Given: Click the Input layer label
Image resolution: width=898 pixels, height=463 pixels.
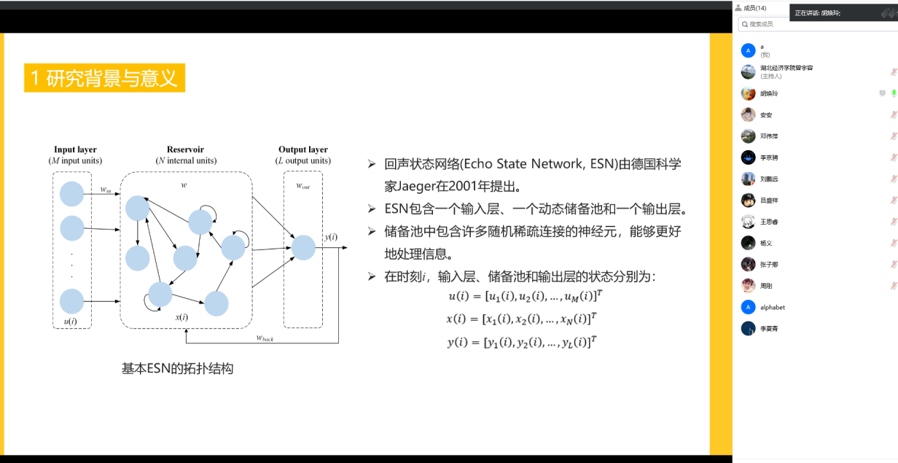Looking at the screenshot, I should pos(75,149).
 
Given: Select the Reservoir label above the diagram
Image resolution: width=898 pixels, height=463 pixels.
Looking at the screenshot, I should pos(186,149).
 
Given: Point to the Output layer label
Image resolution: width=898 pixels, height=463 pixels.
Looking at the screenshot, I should pos(303,149).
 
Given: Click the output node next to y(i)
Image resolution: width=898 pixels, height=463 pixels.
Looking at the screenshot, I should pos(303,248).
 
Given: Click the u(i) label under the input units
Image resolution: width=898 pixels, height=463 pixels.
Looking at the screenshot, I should pos(71,322).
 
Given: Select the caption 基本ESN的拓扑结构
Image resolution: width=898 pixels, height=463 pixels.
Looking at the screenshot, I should pos(177,368).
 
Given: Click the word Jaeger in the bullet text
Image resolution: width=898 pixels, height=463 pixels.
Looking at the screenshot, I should pos(418,186).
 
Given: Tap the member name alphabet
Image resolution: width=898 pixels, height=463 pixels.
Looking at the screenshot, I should pos(773,307).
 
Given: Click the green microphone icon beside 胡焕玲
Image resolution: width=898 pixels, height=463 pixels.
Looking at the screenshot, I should pos(894,93).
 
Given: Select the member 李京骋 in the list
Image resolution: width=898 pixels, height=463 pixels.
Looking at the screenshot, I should pos(769,157).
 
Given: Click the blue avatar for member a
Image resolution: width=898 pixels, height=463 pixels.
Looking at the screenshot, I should pos(748,50).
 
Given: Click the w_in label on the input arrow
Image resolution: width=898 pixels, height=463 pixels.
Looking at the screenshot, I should pos(106,190).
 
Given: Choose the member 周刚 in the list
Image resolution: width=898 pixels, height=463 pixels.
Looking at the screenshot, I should pos(766,286).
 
